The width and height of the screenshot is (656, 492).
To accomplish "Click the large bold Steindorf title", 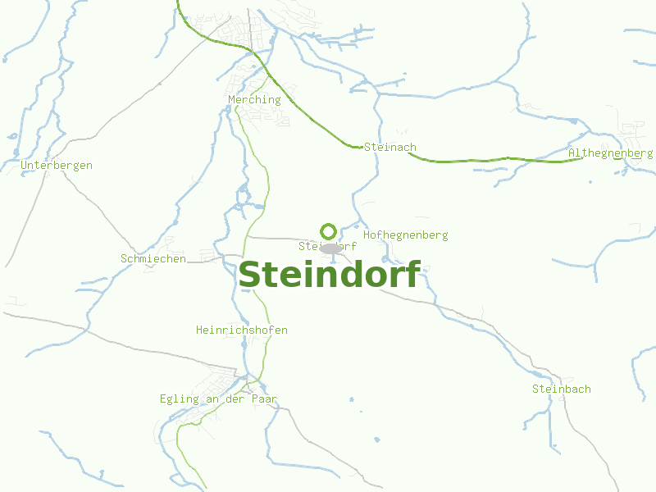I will (329, 275).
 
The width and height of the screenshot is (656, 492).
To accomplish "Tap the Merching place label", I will (254, 100).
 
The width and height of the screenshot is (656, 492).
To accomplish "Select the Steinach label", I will (390, 148).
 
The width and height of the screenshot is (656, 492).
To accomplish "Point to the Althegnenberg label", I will (610, 153).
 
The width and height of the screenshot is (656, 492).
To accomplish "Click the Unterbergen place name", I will (57, 166).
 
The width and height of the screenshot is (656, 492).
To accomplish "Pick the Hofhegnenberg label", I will (405, 235).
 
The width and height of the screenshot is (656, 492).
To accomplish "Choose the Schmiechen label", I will (153, 259).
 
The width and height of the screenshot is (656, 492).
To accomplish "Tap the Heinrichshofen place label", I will (242, 330).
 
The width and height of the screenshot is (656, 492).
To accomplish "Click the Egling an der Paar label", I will (219, 399).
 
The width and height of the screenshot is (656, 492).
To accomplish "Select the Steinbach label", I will (561, 389).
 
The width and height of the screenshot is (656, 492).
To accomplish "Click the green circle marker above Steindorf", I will (329, 231).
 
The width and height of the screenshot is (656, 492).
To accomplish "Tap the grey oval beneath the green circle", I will (330, 248).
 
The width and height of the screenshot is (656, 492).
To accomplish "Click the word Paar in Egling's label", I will (265, 399).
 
